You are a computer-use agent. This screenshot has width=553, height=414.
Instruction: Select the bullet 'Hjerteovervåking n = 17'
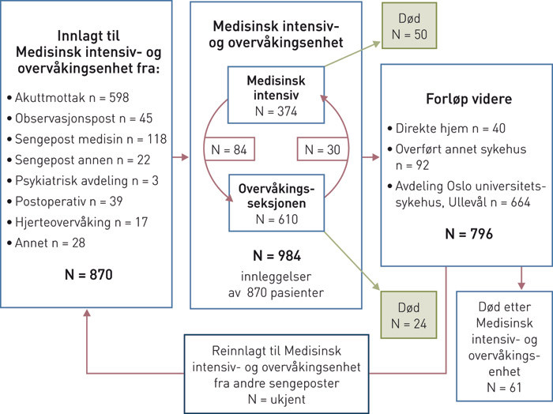tap(81, 222)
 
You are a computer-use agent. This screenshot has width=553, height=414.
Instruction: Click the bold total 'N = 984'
tap(276, 255)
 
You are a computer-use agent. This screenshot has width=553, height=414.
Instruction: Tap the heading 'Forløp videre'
tap(467, 101)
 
